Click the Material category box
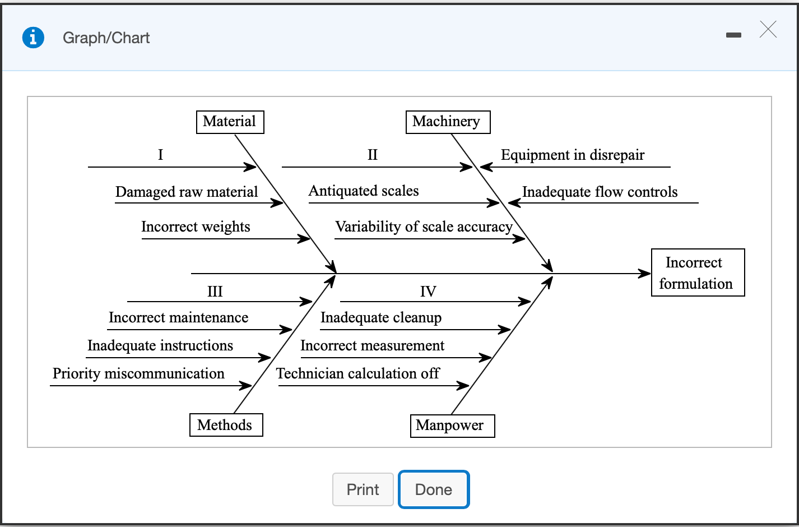point(230,122)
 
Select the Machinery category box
point(447,122)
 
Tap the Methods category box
point(226,425)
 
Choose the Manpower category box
point(452,426)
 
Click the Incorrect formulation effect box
point(697,272)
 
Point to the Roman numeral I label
point(161,155)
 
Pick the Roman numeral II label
point(373,155)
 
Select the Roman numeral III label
point(215,292)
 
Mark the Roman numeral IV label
point(428,292)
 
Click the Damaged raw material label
point(187,192)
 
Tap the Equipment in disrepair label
point(573,155)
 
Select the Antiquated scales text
point(364,191)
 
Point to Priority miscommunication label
point(138,373)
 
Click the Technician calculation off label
point(358,373)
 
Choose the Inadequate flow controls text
point(600,192)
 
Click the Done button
point(433,489)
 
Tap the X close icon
point(768,29)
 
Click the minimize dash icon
point(733,35)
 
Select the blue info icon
point(33,38)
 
